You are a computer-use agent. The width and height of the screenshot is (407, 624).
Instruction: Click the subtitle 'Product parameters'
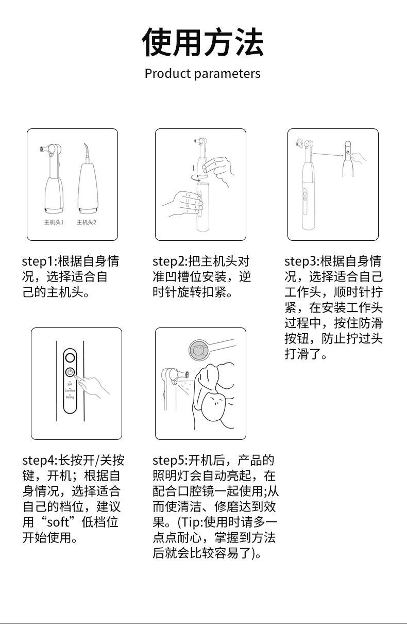[202, 74]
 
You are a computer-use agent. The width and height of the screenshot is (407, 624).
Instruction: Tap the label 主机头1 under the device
[54, 222]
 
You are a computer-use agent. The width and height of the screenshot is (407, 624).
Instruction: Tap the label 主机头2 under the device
[87, 222]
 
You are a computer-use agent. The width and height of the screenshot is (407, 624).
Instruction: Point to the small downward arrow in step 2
[193, 168]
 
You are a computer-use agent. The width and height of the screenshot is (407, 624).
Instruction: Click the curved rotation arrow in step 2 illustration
[197, 176]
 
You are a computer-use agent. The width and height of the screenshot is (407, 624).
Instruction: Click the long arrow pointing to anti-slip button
[328, 153]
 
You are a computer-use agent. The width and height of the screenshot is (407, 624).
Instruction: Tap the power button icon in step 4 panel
[70, 372]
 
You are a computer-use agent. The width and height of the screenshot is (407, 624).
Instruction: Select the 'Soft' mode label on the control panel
[70, 385]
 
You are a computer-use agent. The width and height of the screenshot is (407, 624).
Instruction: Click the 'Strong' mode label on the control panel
[70, 397]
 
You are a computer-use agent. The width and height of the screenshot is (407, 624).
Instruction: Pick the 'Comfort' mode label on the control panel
[70, 391]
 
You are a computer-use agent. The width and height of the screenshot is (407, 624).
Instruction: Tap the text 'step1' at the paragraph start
[39, 261]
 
